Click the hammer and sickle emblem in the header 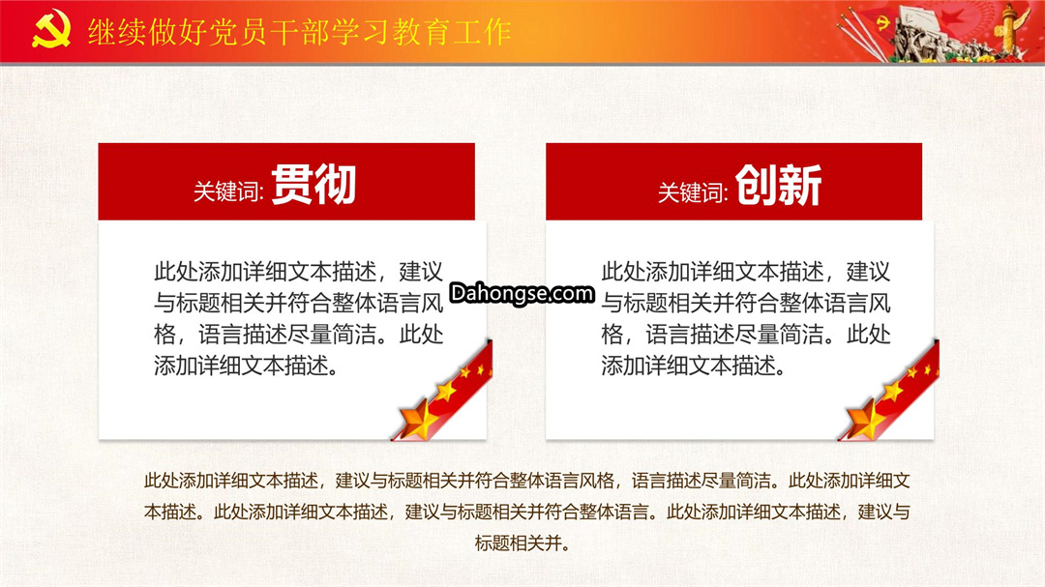pos(51,29)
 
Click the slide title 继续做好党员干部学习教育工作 pos(299,32)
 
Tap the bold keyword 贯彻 pos(313,185)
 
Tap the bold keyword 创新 pos(778,186)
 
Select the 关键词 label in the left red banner pos(228,191)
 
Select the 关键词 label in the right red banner pos(693,192)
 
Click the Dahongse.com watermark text pos(522,293)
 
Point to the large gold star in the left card pos(418,419)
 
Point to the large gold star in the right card pos(865,419)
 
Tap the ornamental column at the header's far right pos(1009,30)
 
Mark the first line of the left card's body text pos(299,272)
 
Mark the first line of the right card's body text pos(746,272)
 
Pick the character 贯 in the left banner pos(291,185)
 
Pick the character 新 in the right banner pos(800,186)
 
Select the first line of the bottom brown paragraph pos(526,481)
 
